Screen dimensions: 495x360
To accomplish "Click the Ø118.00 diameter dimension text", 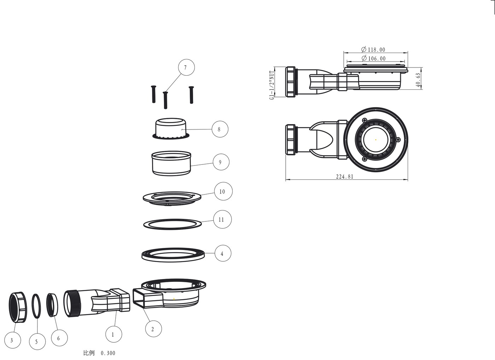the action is (373, 49).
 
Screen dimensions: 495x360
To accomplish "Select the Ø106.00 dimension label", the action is (374, 58).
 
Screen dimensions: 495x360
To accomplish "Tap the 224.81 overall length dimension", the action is (345, 176).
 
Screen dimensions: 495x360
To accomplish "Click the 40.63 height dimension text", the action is (418, 80).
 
